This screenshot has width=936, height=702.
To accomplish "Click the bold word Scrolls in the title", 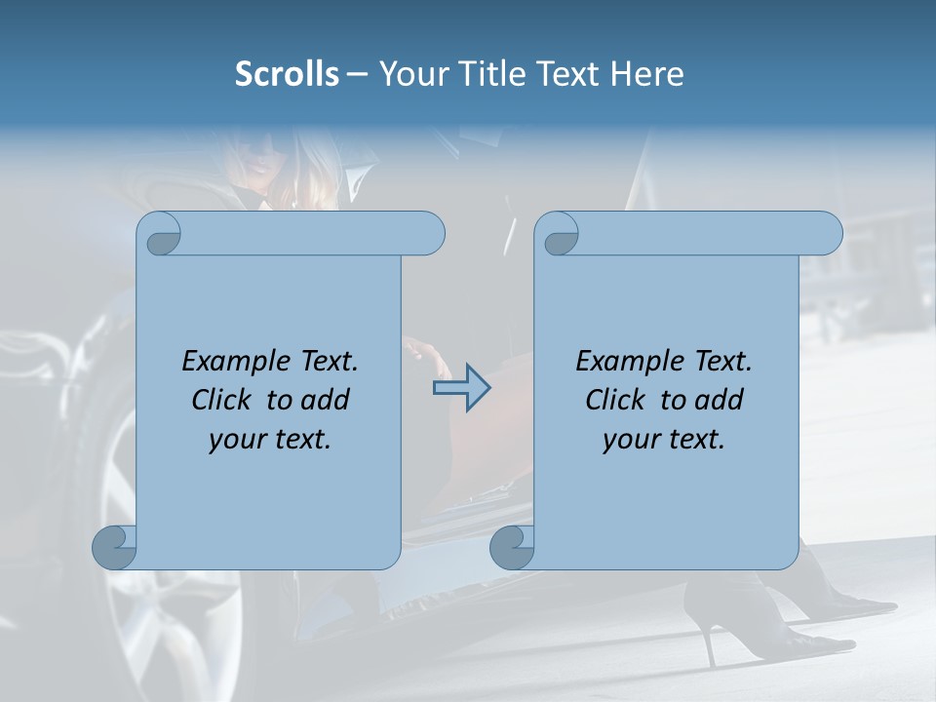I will (288, 74).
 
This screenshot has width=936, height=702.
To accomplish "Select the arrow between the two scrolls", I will (461, 388).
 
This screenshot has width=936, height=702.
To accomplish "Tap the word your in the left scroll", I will (236, 440).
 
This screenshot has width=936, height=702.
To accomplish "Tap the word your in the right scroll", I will (630, 440).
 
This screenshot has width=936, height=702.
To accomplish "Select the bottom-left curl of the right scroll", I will (512, 547).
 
